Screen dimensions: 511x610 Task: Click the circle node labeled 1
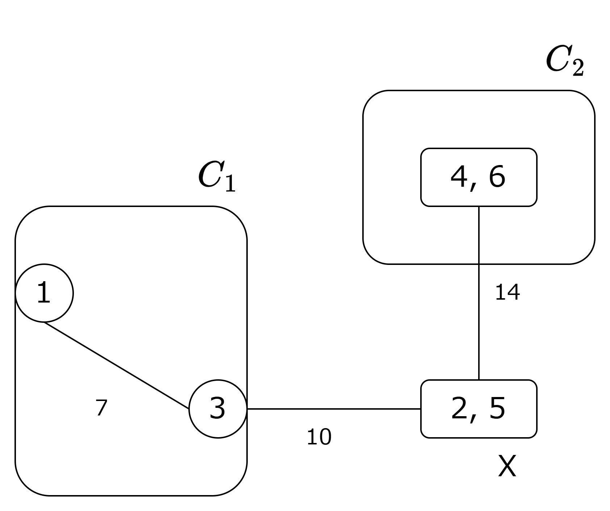pyautogui.click(x=44, y=293)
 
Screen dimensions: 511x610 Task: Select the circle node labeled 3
pyautogui.click(x=218, y=409)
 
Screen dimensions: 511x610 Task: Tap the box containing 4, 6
pyautogui.click(x=479, y=177)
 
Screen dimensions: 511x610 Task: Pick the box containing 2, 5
pyautogui.click(x=479, y=409)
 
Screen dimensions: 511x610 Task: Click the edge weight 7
pyautogui.click(x=101, y=407)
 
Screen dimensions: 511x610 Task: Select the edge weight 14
pyautogui.click(x=507, y=292)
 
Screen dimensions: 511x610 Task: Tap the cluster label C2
pyautogui.click(x=564, y=62)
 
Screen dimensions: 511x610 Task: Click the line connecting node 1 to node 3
pyautogui.click(x=116, y=366)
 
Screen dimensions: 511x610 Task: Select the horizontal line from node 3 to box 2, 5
pyautogui.click(x=333, y=409)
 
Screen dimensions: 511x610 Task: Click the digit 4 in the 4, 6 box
pyautogui.click(x=459, y=177)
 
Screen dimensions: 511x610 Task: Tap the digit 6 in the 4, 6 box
pyautogui.click(x=497, y=177)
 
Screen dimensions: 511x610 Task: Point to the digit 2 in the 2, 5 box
pyautogui.click(x=459, y=409)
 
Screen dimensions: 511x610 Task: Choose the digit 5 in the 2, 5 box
pyautogui.click(x=497, y=409)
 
